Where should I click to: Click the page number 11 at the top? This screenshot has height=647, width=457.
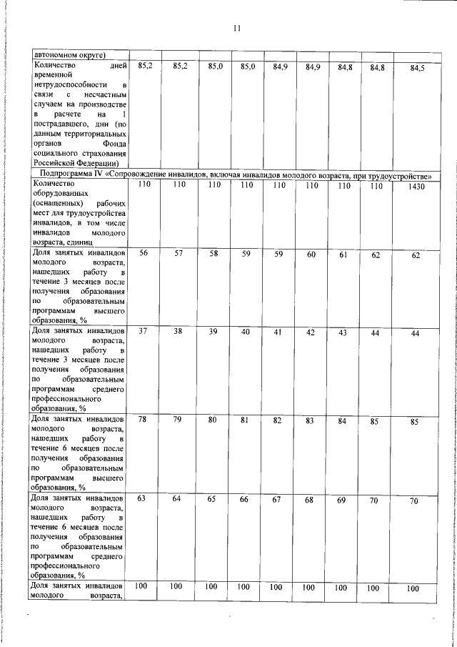click(236, 29)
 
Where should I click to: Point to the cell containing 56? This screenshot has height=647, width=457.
click(144, 254)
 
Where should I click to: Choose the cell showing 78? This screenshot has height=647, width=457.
click(144, 420)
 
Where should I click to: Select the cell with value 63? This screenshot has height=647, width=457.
click(144, 498)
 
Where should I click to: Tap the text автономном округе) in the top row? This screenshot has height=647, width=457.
click(68, 54)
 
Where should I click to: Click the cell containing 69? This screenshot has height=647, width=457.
click(342, 500)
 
